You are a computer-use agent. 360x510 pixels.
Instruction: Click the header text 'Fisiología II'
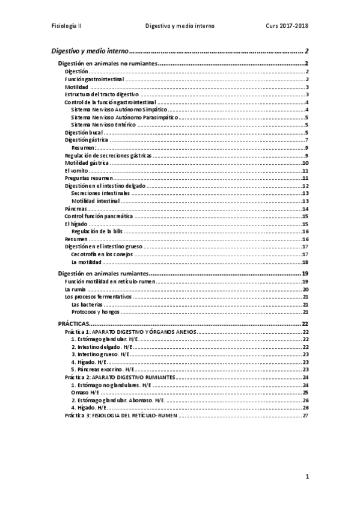pyautogui.click(x=69, y=26)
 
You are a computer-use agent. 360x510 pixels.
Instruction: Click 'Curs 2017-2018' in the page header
pyautogui.click(x=286, y=26)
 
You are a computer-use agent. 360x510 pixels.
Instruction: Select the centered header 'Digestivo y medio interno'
pyautogui.click(x=180, y=26)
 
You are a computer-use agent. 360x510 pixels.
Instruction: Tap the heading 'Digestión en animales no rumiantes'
pyautogui.click(x=108, y=64)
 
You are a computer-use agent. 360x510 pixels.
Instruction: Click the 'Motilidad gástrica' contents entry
pyautogui.click(x=87, y=163)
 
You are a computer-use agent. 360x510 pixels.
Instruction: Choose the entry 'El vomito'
pyautogui.click(x=76, y=170)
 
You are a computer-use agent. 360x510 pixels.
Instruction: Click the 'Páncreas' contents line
pyautogui.click(x=75, y=209)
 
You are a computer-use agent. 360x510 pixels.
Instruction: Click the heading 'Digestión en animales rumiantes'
pyautogui.click(x=103, y=273)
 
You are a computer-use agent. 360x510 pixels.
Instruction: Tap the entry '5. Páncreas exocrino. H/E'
pyautogui.click(x=102, y=369)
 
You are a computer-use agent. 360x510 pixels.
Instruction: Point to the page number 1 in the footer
pyautogui.click(x=306, y=477)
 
